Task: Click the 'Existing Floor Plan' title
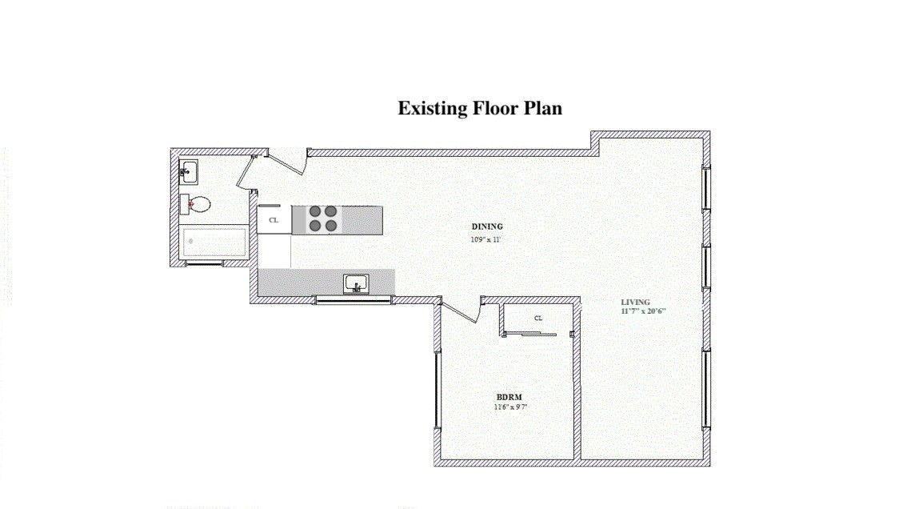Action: point(480,109)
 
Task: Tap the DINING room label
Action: point(487,226)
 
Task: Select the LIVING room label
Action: point(635,303)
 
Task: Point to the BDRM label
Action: point(509,397)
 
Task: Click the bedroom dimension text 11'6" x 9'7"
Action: point(510,407)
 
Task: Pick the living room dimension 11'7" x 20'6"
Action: point(643,311)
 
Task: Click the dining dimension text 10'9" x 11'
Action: point(485,239)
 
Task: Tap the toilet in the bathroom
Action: point(195,204)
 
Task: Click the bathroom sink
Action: point(188,172)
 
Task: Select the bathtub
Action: point(214,242)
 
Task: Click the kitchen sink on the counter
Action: point(356,284)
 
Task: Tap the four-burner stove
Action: point(323,218)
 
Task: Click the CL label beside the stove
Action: point(273,221)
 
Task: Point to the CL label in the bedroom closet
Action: point(538,319)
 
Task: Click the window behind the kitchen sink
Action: point(354,300)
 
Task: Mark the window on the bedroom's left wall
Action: point(437,390)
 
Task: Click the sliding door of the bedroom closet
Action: point(531,335)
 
